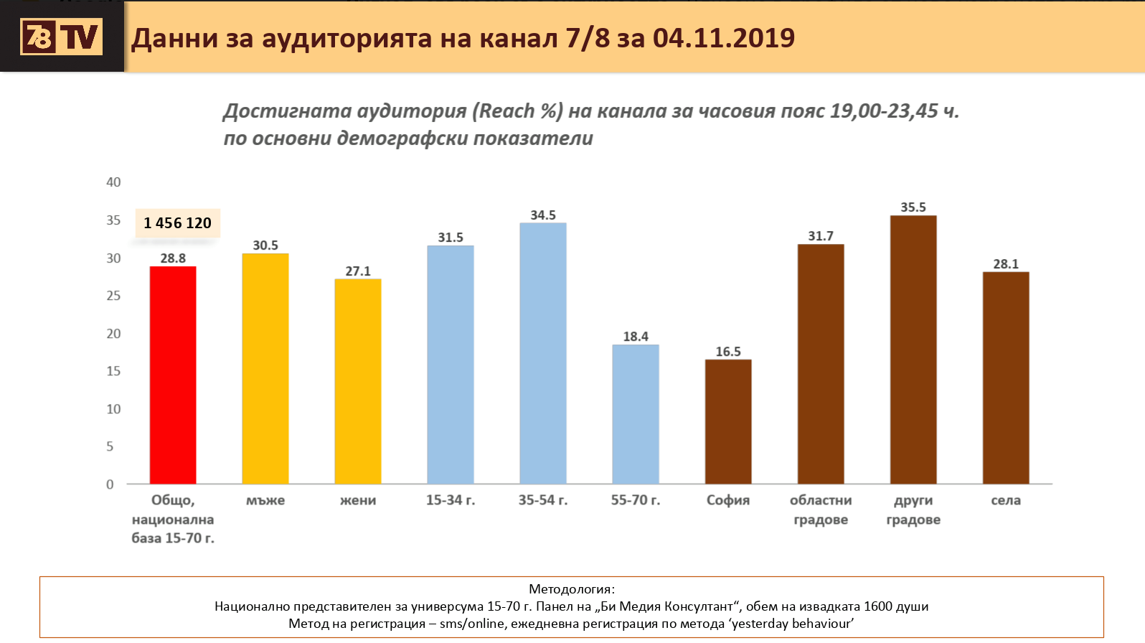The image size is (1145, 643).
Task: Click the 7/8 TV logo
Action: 62,37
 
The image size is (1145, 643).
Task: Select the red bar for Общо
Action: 173,375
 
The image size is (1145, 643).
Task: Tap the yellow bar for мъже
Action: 265,369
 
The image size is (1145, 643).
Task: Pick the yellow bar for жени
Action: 358,381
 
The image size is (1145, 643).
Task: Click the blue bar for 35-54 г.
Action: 543,353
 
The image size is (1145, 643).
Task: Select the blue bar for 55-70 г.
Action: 636,414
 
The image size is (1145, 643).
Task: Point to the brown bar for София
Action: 728,422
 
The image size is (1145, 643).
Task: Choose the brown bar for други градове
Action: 913,349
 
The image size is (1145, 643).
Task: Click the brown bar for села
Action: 1006,377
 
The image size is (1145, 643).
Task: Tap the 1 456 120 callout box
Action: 177,223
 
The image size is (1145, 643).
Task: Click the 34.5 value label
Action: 543,215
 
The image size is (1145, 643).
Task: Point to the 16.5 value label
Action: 728,352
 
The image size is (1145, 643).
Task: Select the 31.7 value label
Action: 821,236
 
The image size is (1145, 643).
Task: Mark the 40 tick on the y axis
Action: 113,182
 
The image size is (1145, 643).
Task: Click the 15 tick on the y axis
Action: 113,371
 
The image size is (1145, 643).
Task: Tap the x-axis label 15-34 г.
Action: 451,500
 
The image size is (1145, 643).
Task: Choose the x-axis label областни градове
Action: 821,510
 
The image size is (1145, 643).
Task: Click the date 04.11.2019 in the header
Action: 724,38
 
